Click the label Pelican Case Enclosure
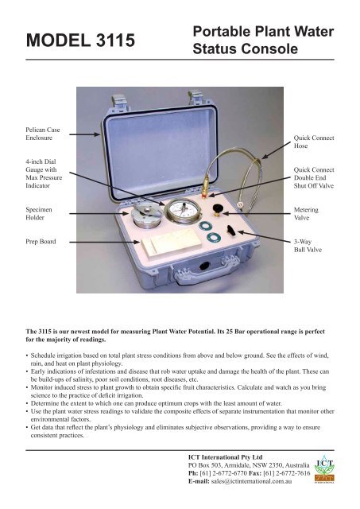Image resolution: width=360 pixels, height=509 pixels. click(32, 133)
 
